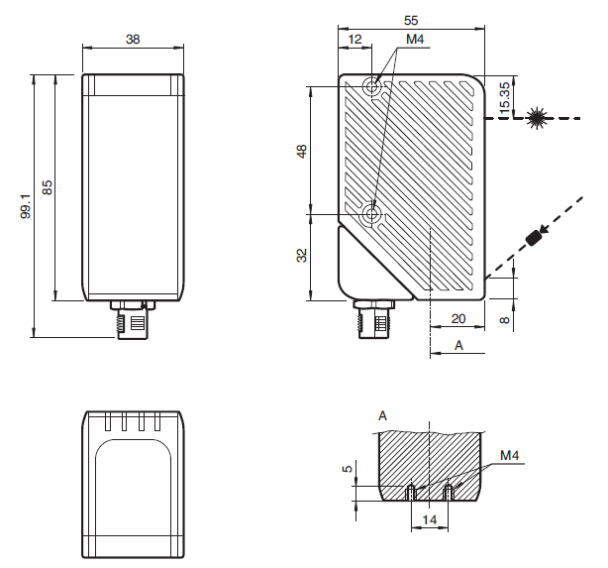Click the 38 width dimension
pyautogui.click(x=132, y=39)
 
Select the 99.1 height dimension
pyautogui.click(x=27, y=205)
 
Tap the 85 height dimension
pyautogui.click(x=48, y=186)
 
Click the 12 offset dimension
pyautogui.click(x=355, y=39)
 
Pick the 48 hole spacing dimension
pyautogui.click(x=301, y=151)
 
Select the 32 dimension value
pyautogui.click(x=301, y=256)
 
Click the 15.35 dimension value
pyautogui.click(x=504, y=98)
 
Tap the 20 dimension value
pyautogui.click(x=457, y=318)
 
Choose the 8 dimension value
pyautogui.click(x=504, y=320)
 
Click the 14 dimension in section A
pyautogui.click(x=430, y=518)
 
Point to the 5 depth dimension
pyautogui.click(x=348, y=468)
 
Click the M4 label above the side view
pyautogui.click(x=415, y=40)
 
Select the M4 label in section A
pyautogui.click(x=510, y=456)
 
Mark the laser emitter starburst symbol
pyautogui.click(x=538, y=117)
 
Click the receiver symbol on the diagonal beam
pyautogui.click(x=536, y=237)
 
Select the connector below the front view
pyautogui.click(x=132, y=320)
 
